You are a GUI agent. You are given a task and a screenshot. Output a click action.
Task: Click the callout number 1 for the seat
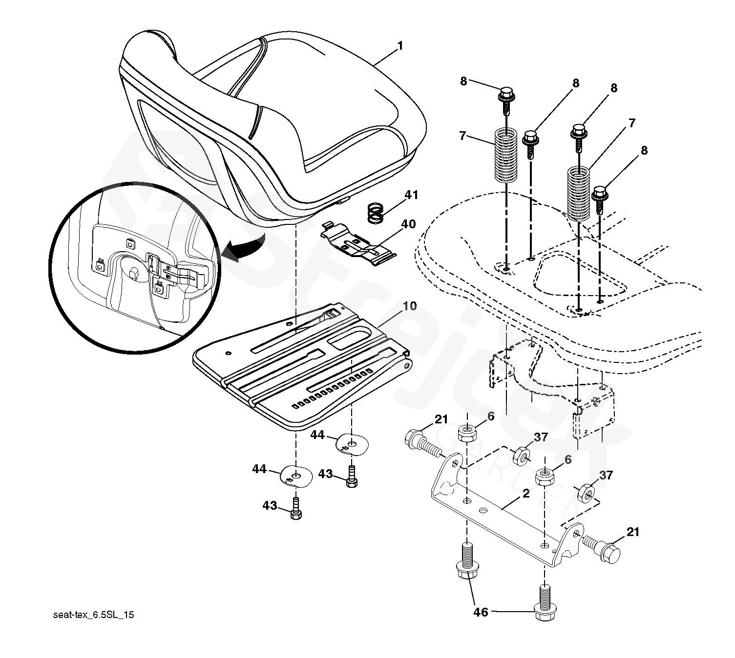pyautogui.click(x=400, y=46)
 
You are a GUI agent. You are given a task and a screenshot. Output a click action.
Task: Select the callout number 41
pyautogui.click(x=411, y=195)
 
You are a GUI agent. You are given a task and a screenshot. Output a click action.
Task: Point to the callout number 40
pyautogui.click(x=408, y=224)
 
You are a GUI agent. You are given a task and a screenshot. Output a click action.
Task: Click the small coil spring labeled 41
pyautogui.click(x=376, y=213)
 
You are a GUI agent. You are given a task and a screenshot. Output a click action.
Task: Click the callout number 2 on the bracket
pyautogui.click(x=525, y=493)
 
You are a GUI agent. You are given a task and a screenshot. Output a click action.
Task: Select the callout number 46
pyautogui.click(x=481, y=612)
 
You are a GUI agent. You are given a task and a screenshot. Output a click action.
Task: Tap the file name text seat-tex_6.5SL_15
pyautogui.click(x=93, y=615)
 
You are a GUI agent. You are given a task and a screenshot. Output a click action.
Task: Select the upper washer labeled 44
pyautogui.click(x=352, y=442)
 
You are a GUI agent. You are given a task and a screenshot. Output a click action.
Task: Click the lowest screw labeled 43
pyautogui.click(x=295, y=510)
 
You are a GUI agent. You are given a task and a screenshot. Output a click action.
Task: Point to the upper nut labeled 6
pyautogui.click(x=467, y=432)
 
